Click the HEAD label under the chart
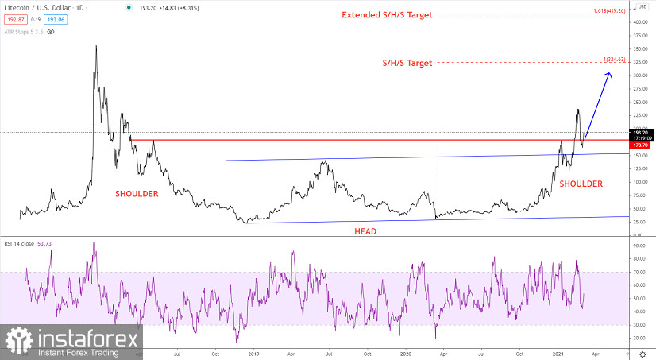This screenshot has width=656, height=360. (365, 231)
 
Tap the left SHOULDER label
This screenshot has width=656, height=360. (137, 194)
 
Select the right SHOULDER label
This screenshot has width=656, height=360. (581, 184)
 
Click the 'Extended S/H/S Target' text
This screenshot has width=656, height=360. (387, 15)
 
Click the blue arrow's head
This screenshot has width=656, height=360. (609, 74)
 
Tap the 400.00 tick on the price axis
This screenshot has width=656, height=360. (640, 21)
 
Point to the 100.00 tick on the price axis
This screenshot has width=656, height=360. (640, 182)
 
